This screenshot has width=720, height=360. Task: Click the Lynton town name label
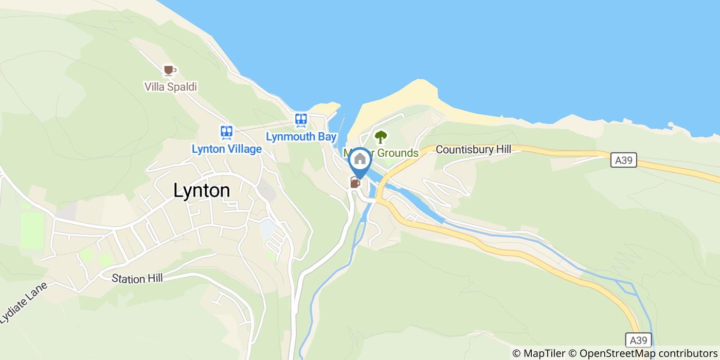(x=202, y=191)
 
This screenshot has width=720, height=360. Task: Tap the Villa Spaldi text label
(x=170, y=87)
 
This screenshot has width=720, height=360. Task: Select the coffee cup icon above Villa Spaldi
(x=169, y=70)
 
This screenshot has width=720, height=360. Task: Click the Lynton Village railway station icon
(x=226, y=133)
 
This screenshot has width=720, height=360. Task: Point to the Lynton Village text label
(x=226, y=149)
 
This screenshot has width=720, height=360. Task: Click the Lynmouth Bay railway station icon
(x=301, y=120)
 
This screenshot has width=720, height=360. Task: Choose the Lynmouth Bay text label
(x=301, y=137)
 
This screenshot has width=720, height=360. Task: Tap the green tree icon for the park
(x=380, y=137)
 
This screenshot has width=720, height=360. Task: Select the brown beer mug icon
(x=354, y=182)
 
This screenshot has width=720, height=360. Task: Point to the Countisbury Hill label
(x=473, y=150)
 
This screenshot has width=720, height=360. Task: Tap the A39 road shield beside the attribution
(x=639, y=340)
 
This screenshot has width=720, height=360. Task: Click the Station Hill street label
(x=137, y=278)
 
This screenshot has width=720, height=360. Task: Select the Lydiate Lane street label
(x=23, y=303)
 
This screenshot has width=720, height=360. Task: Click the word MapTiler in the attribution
(x=543, y=353)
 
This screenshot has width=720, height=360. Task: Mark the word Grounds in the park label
(x=398, y=153)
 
